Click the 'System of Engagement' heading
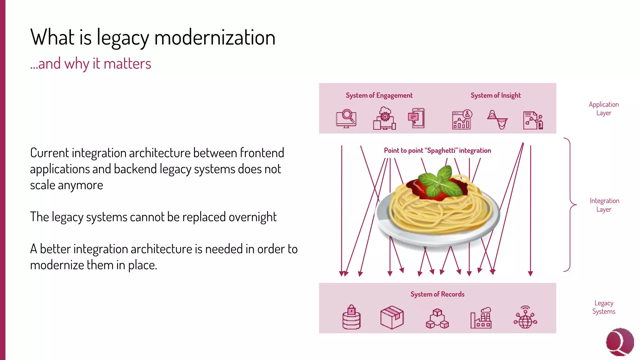coord(379,96)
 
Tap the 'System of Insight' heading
coord(496,96)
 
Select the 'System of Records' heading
coord(437,294)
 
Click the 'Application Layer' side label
coord(604,109)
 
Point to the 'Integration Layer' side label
coord(604,205)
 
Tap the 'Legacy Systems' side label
coord(604,307)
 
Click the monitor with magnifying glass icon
coord(346,118)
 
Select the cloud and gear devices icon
coord(385,118)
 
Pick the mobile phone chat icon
coord(417,118)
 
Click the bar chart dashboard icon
coord(462,119)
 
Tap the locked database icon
coord(352,317)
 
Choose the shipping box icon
coord(392,317)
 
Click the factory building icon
coord(481,317)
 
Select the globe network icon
coord(526,317)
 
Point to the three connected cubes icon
coord(437,318)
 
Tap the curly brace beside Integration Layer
coord(571,205)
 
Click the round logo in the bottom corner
coord(620,342)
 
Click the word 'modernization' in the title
coord(215,37)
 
